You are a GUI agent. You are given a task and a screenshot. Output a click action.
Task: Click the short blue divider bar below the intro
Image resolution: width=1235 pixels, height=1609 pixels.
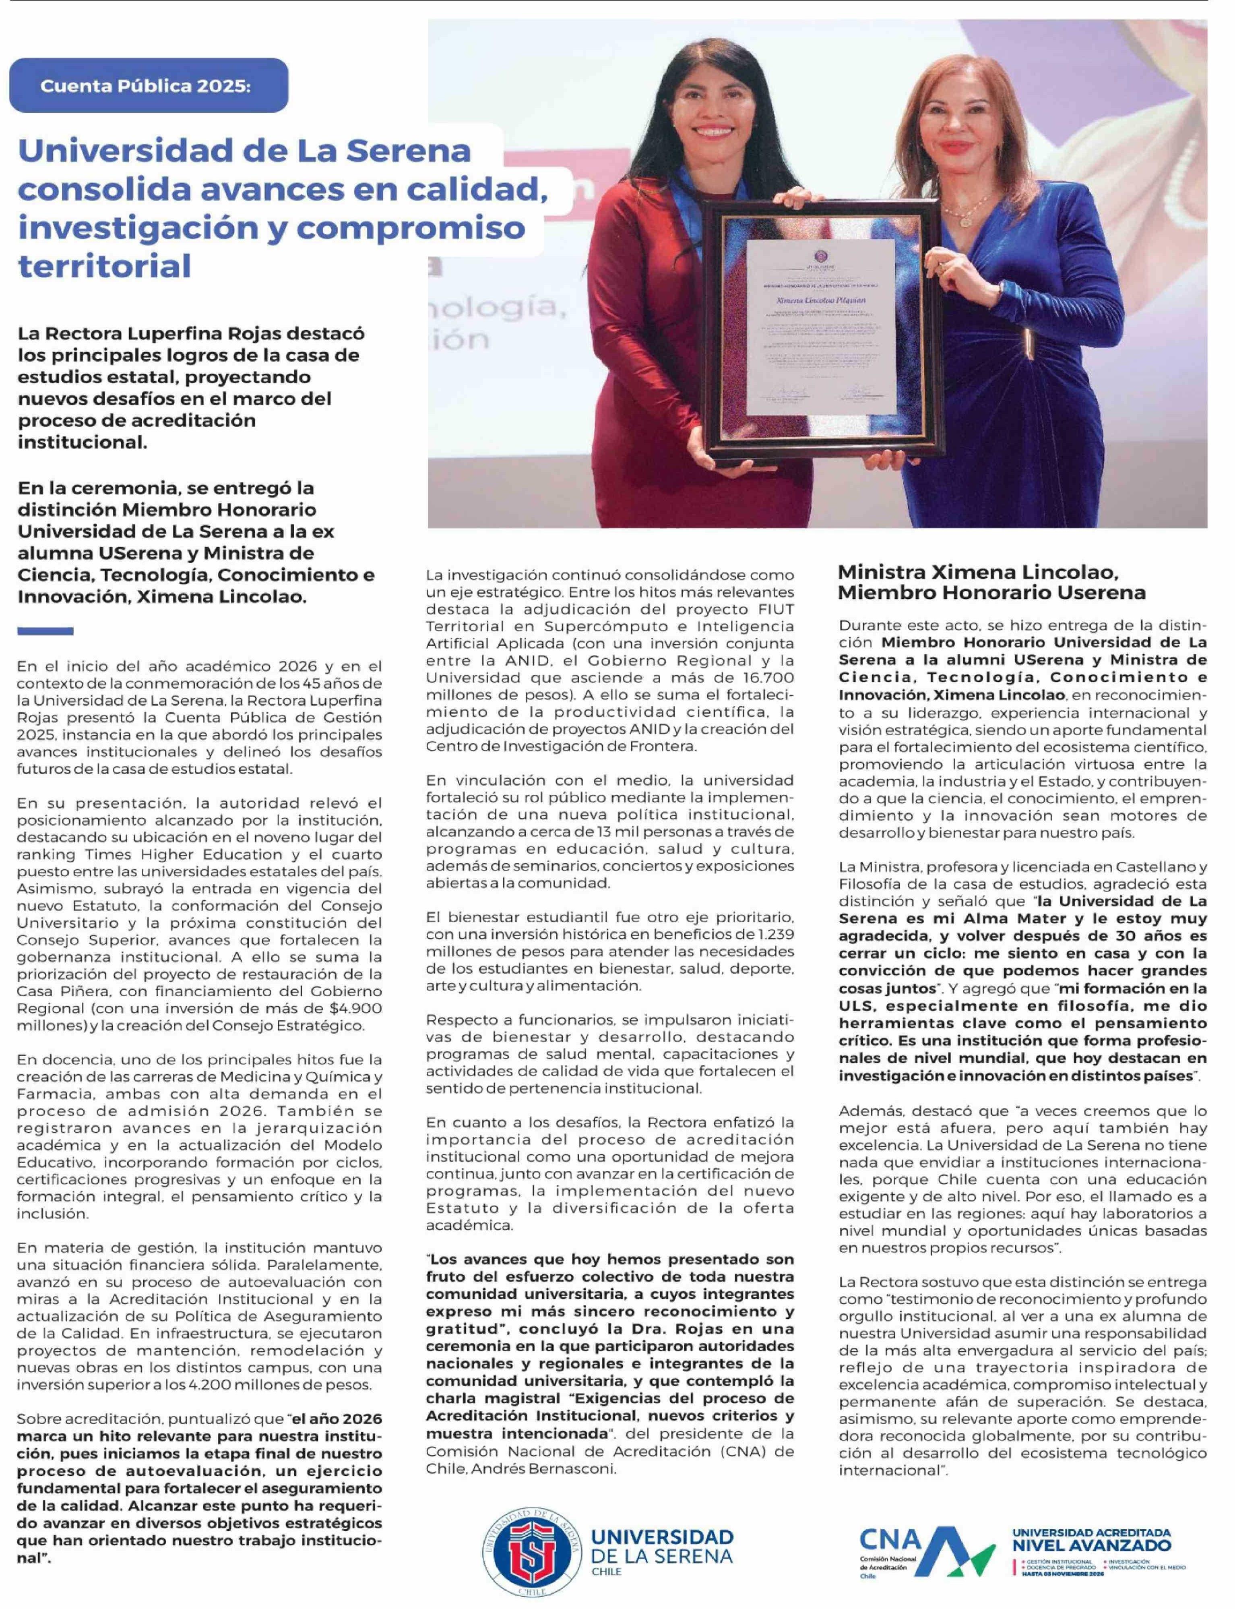pos(45,631)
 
